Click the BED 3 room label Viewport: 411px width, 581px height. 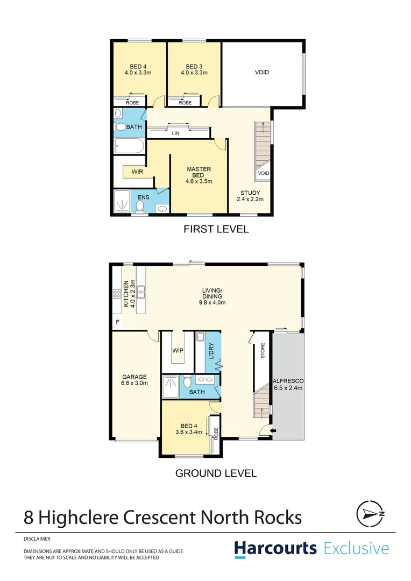coord(194,70)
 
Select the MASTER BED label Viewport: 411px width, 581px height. coord(199,175)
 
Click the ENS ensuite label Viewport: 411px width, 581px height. coord(143,197)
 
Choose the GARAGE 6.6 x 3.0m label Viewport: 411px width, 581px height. coord(134,380)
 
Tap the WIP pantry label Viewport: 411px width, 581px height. coord(178,351)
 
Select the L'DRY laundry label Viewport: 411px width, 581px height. coord(211,351)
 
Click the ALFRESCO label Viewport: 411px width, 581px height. coord(289,384)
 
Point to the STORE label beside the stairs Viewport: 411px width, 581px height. coord(263,351)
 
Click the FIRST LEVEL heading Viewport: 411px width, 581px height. coord(216,229)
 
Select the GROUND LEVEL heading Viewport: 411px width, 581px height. coord(216,473)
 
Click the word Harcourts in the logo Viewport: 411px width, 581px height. coord(275,549)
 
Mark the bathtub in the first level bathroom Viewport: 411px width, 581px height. coord(129,146)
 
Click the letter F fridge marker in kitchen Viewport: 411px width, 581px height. coord(117,322)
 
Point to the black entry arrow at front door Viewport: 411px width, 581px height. coord(273,431)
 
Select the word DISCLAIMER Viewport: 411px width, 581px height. coord(37,538)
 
